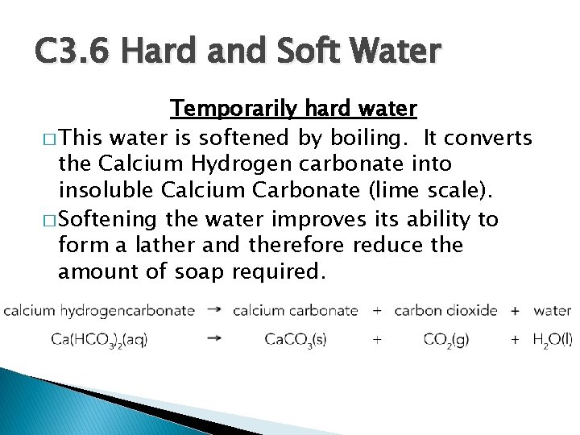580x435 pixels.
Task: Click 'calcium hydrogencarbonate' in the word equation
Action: (x=99, y=310)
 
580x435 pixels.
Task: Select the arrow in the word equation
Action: (x=214, y=309)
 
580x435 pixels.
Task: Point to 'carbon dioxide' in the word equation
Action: (x=445, y=310)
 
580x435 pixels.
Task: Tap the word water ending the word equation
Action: (x=552, y=310)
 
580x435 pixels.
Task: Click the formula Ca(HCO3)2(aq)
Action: (x=99, y=340)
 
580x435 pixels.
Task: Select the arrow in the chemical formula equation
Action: (x=214, y=339)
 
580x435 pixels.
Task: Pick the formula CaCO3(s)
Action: (x=295, y=340)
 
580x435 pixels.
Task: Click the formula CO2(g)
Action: (x=445, y=340)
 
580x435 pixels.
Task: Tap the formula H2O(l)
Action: (x=552, y=340)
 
